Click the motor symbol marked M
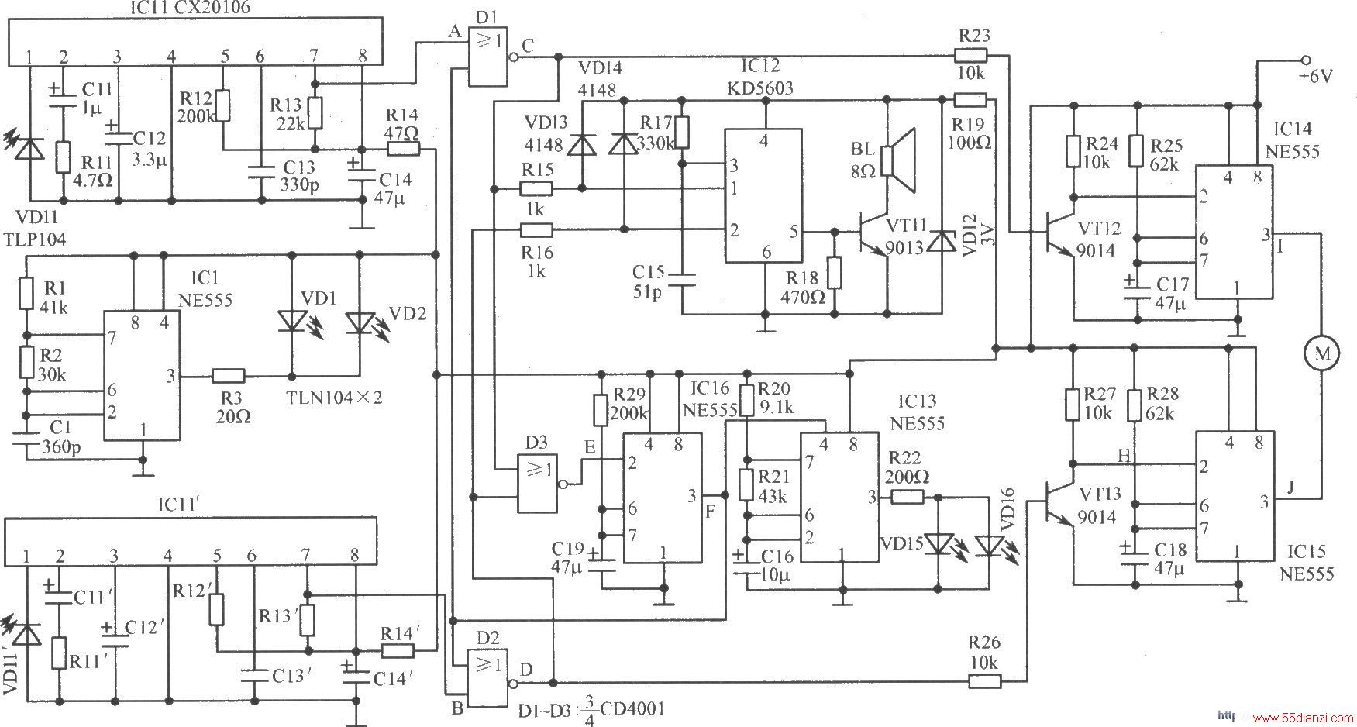point(1322,354)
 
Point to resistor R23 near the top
point(971,55)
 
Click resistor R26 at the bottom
point(984,681)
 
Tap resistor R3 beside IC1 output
point(228,376)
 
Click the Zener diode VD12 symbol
point(942,241)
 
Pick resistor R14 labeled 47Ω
point(403,148)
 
